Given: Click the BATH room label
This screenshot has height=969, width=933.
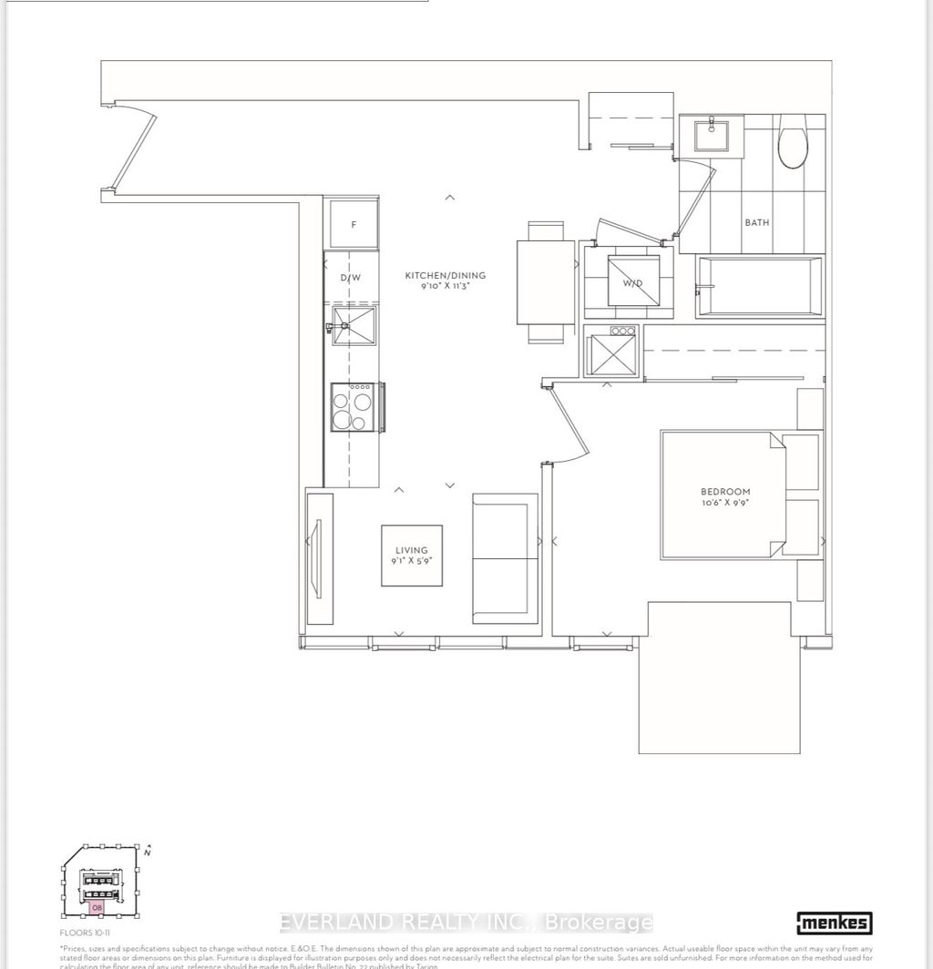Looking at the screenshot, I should coord(756,221).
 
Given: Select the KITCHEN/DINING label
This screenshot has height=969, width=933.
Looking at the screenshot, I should coord(446,275).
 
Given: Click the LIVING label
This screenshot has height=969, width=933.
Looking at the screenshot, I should coord(411,549).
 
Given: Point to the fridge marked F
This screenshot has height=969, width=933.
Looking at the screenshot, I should coord(354,224).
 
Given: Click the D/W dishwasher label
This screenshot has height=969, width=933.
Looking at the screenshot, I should coord(352,277).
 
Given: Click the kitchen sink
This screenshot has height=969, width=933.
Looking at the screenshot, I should coord(354,329).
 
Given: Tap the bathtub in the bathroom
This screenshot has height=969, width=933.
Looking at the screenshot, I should coord(758,288).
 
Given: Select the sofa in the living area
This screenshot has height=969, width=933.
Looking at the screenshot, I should coord(505,558).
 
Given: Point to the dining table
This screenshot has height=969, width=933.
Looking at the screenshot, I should coord(545,281).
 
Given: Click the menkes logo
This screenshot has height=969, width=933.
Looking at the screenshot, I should coord(834,923).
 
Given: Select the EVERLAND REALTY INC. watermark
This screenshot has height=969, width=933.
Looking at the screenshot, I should coord(466,922).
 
